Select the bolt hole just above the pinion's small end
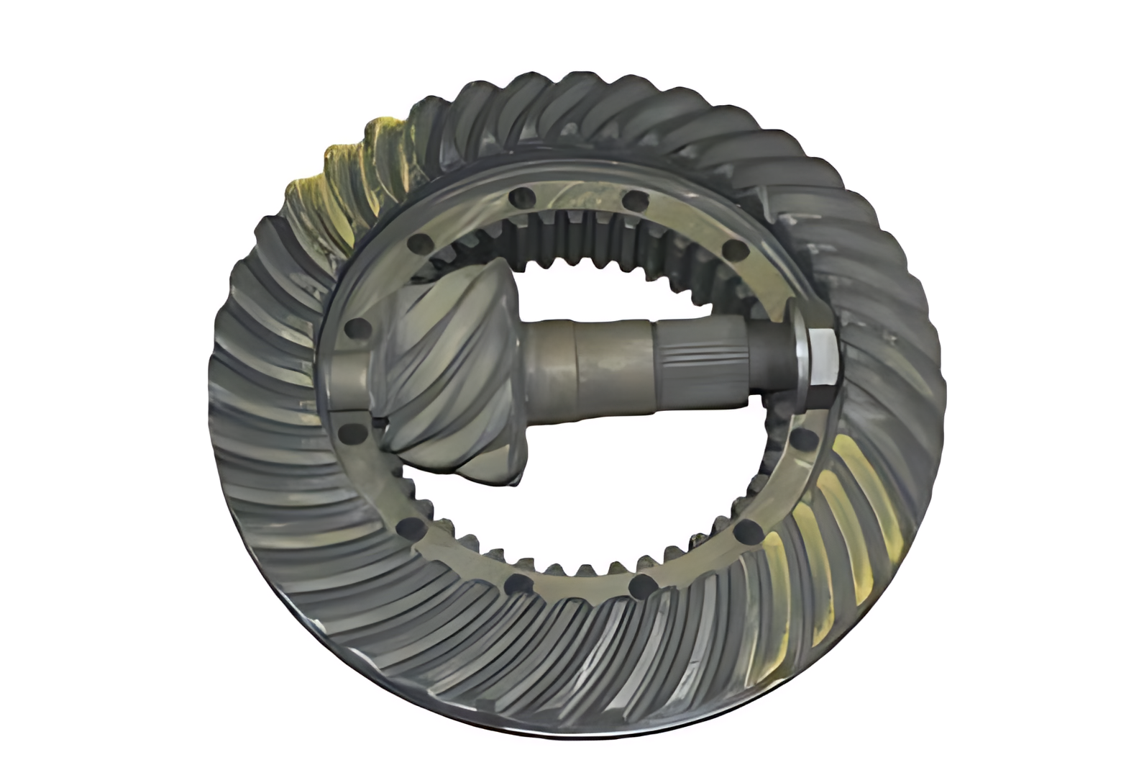(x=357, y=330)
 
